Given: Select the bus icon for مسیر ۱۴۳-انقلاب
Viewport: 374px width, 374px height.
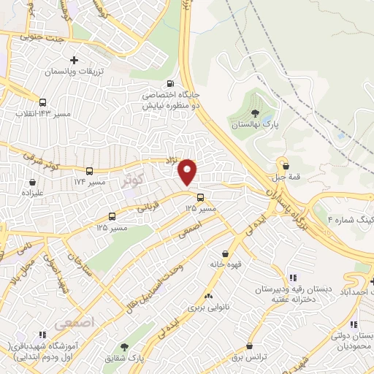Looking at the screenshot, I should click(42, 103).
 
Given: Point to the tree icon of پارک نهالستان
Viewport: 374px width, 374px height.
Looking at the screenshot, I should click(254, 113).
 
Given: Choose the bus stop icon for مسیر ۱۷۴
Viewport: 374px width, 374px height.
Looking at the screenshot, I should click(89, 168).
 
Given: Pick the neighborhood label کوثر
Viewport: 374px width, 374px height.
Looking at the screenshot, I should click(134, 178).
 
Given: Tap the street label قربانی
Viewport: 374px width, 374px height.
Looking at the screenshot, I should click(149, 207).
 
